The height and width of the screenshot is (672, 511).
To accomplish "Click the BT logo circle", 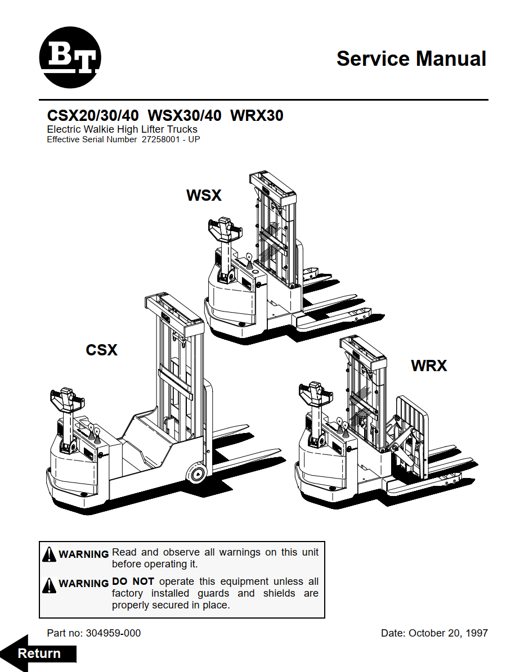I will tap(70, 58).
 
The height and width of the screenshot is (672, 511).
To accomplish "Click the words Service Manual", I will tap(411, 58).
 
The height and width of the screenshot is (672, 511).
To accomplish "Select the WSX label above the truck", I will tap(204, 195).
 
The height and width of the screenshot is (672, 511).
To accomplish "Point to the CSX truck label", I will tap(101, 350).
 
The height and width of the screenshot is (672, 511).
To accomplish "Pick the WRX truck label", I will tap(429, 366).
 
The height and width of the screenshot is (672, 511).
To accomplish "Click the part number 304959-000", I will tap(113, 633).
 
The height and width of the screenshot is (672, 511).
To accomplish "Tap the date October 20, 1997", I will tap(448, 633).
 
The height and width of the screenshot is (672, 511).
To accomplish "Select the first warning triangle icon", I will tap(50, 554).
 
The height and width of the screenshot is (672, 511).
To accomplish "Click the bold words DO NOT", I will tap(133, 581).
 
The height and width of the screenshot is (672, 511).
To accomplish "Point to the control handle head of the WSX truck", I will tap(222, 227).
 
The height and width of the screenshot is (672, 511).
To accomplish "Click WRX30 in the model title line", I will tap(257, 116).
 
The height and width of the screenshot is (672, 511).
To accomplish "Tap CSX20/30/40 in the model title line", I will tap(93, 116).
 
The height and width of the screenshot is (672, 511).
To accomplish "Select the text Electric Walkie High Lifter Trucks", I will tap(122, 129).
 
